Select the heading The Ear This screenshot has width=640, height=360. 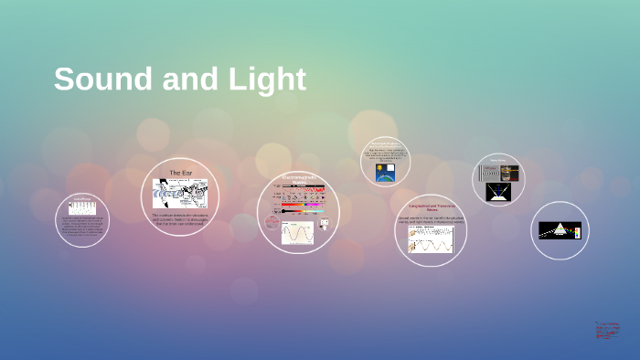point(181,173)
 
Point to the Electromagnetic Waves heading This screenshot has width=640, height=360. point(298,179)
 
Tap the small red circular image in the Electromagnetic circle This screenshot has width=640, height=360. point(272,222)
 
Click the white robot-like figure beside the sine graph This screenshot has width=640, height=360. point(324,225)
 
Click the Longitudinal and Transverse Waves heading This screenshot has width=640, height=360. point(431,209)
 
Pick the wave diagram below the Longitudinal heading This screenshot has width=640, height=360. point(431,239)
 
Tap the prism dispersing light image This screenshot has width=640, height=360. point(560,230)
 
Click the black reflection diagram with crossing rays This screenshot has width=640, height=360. point(498,191)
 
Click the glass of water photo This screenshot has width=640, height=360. point(510,173)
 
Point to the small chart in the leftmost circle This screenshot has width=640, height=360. point(82,207)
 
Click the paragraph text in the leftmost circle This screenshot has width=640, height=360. point(82,226)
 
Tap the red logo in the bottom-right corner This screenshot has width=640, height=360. point(607,330)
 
